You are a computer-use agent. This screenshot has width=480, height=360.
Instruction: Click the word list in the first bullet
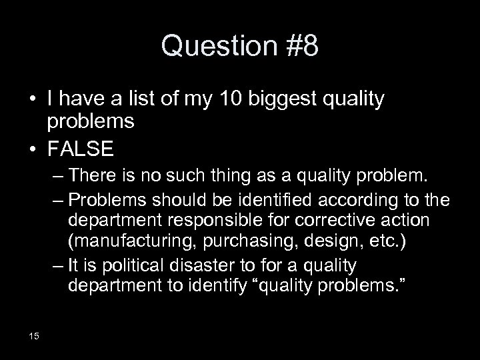(128, 101)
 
